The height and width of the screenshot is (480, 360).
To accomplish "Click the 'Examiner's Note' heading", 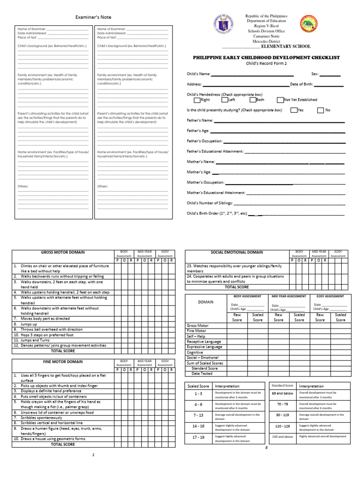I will pyautogui.click(x=94, y=17).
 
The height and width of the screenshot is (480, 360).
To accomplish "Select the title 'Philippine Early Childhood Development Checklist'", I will pyautogui.click(x=266, y=57).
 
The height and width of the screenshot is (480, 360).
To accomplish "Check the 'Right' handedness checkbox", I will pyautogui.click(x=197, y=100).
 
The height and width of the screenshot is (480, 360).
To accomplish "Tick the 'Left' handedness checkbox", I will pyautogui.click(x=225, y=100).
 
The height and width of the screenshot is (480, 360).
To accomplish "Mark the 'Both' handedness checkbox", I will pyautogui.click(x=253, y=100).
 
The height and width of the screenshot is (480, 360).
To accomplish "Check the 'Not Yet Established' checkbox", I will pyautogui.click(x=280, y=100).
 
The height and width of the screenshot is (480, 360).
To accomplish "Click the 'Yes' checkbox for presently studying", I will pyautogui.click(x=293, y=111).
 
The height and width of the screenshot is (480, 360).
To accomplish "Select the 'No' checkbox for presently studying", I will pyautogui.click(x=321, y=111).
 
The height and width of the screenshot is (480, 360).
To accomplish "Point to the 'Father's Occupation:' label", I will pyautogui.click(x=205, y=141).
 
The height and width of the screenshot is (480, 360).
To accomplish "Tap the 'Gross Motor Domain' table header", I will pyautogui.click(x=62, y=253).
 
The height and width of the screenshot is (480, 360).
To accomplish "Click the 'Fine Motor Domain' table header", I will pyautogui.click(x=62, y=362).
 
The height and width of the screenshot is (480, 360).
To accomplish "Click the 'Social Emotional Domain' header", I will pyautogui.click(x=237, y=253).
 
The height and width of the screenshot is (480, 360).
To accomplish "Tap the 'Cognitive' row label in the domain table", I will pyautogui.click(x=195, y=352).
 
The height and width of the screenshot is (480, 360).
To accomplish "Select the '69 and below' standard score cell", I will pyautogui.click(x=282, y=393).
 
